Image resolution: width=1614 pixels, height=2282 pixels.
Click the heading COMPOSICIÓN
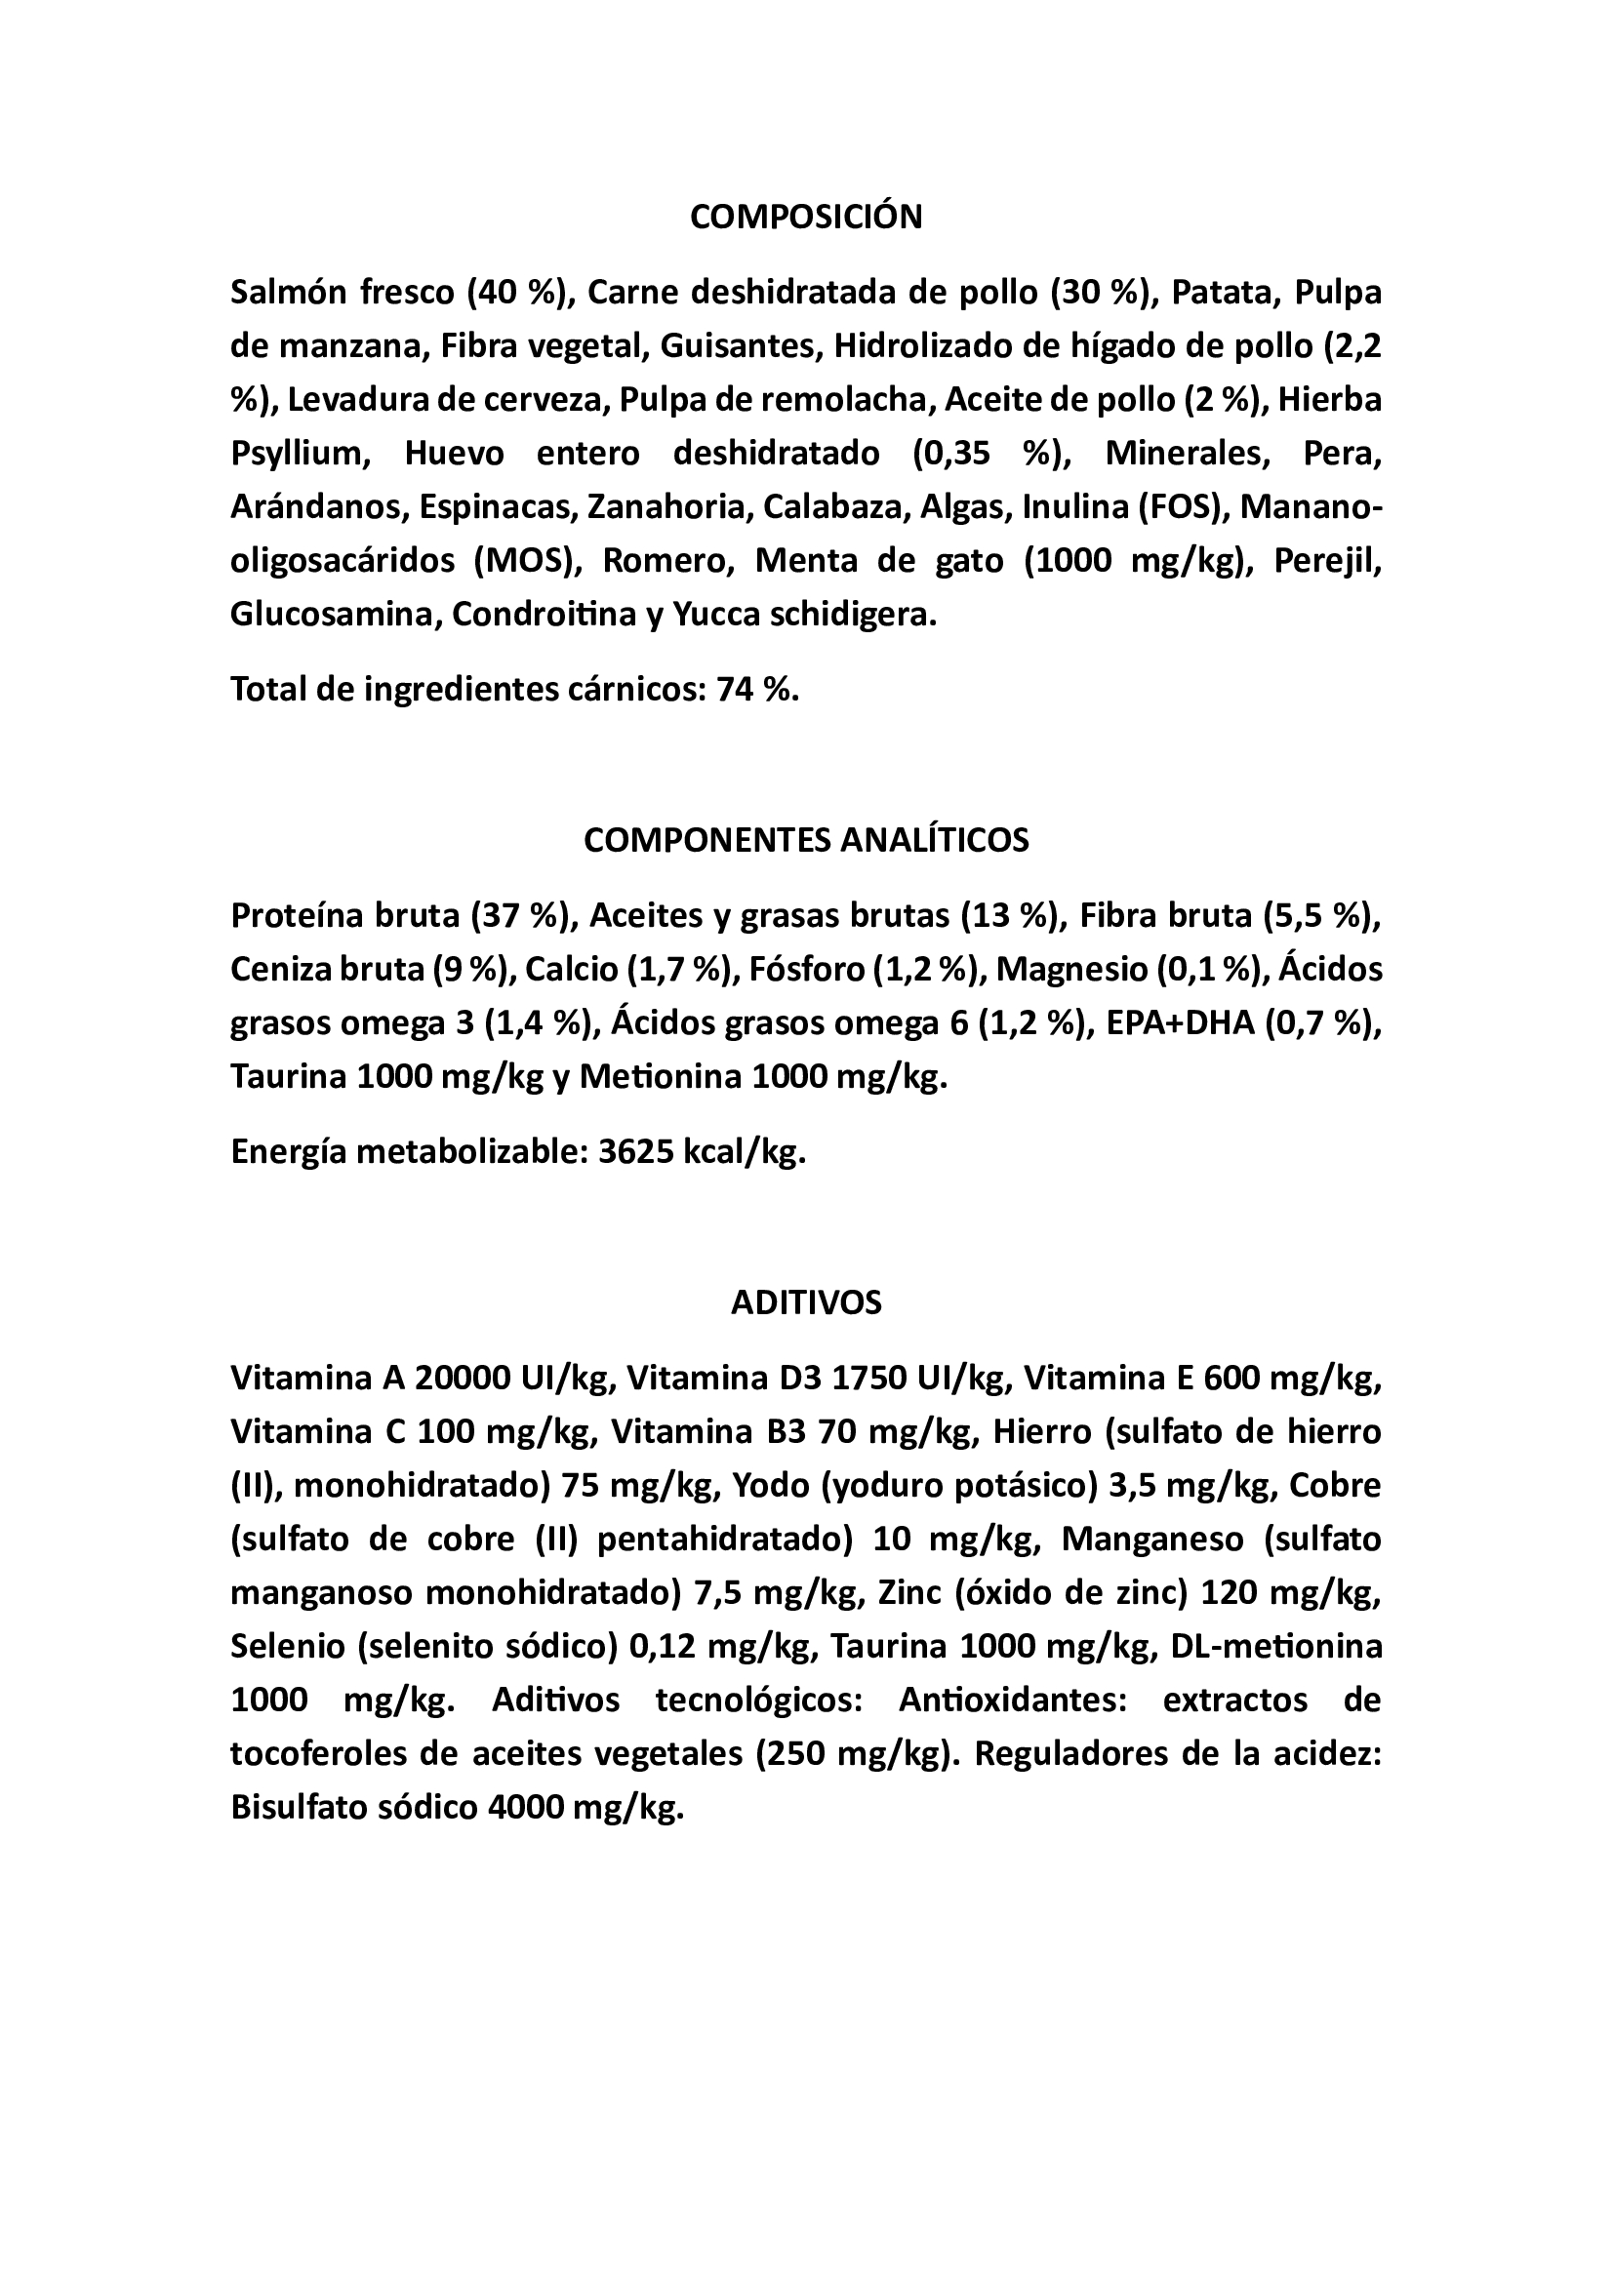[806, 217]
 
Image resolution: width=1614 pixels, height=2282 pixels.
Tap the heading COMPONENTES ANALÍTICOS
[806, 840]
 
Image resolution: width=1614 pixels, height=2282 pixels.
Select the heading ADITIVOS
[806, 1303]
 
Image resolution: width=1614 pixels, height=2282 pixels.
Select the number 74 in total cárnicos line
[734, 690]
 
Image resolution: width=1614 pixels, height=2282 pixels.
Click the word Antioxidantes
[1013, 1701]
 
